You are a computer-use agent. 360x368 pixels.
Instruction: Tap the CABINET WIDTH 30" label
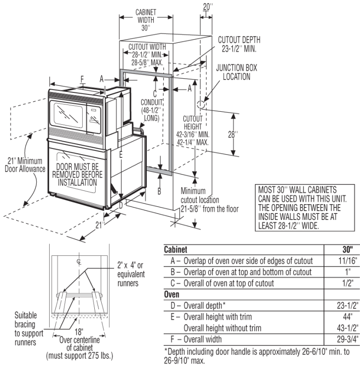coord(145,19)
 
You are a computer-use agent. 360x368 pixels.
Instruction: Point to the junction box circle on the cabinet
coord(201,105)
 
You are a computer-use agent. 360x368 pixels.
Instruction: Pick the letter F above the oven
coord(82,79)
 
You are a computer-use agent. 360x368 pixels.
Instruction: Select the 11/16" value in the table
coord(347,260)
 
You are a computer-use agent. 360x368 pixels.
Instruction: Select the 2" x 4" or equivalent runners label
coord(128,274)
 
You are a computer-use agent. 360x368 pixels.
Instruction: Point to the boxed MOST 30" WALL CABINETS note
coord(302,207)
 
